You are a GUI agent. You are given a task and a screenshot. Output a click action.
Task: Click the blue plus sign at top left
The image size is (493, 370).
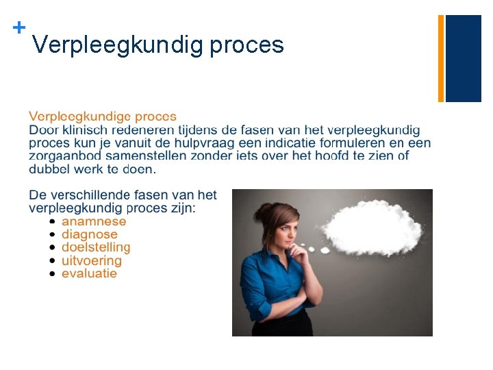tap(19, 27)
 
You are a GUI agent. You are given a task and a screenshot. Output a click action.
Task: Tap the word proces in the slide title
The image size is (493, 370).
tap(246, 45)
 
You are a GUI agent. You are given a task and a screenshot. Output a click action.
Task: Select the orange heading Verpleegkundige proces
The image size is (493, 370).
tap(103, 117)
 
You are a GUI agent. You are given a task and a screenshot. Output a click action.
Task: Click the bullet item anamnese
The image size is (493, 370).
tap(94, 221)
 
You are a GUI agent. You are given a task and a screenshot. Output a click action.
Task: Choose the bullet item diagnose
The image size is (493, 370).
tap(90, 234)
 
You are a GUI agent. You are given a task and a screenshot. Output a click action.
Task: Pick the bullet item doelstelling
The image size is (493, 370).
tap(96, 247)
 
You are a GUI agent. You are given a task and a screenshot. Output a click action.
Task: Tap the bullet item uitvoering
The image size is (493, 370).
tap(92, 260)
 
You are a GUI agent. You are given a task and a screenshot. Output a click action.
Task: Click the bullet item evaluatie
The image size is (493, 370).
tap(89, 273)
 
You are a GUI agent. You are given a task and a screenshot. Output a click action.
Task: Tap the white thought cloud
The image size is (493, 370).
tap(373, 230)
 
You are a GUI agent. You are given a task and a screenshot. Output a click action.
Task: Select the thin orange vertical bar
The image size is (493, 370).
tap(441, 58)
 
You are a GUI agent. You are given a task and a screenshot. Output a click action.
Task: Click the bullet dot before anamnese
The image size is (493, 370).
tap(53, 222)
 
